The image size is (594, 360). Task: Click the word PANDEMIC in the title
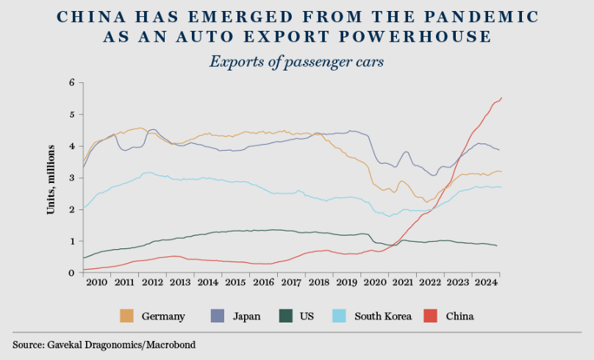pyautogui.click(x=486, y=16)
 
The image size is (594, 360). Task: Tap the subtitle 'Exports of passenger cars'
pyautogui.click(x=296, y=61)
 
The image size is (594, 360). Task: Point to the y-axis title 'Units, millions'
pyautogui.click(x=51, y=179)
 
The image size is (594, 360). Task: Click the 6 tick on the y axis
pyautogui.click(x=72, y=83)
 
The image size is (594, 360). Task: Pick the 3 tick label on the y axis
pyautogui.click(x=72, y=178)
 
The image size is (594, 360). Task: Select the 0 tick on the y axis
pyautogui.click(x=72, y=273)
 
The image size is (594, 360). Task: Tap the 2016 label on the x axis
pyautogui.click(x=264, y=282)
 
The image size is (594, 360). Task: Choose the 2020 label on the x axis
pyautogui.click(x=375, y=282)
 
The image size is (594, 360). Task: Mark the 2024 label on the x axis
pyautogui.click(x=486, y=282)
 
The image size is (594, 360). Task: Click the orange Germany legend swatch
pyautogui.click(x=126, y=316)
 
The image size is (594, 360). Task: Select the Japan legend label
pyautogui.click(x=246, y=317)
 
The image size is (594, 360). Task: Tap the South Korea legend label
pyautogui.click(x=382, y=317)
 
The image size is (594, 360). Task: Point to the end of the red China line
pyautogui.click(x=501, y=98)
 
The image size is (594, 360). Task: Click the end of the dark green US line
pyautogui.click(x=497, y=245)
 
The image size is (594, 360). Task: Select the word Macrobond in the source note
pyautogui.click(x=173, y=344)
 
